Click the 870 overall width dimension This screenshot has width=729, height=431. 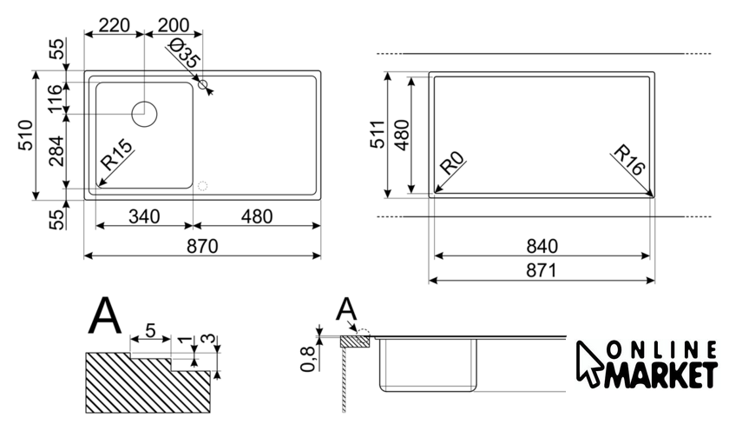tap(202, 246)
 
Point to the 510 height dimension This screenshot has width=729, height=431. tap(26, 136)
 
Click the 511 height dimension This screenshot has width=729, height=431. tap(376, 136)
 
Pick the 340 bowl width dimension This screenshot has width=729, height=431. tap(141, 215)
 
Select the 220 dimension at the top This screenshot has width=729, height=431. tap(114, 24)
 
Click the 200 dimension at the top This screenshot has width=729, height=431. tap(174, 24)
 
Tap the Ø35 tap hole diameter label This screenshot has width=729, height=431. tap(181, 56)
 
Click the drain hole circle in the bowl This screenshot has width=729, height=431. tap(143, 114)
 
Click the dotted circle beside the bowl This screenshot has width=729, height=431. tap(203, 186)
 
